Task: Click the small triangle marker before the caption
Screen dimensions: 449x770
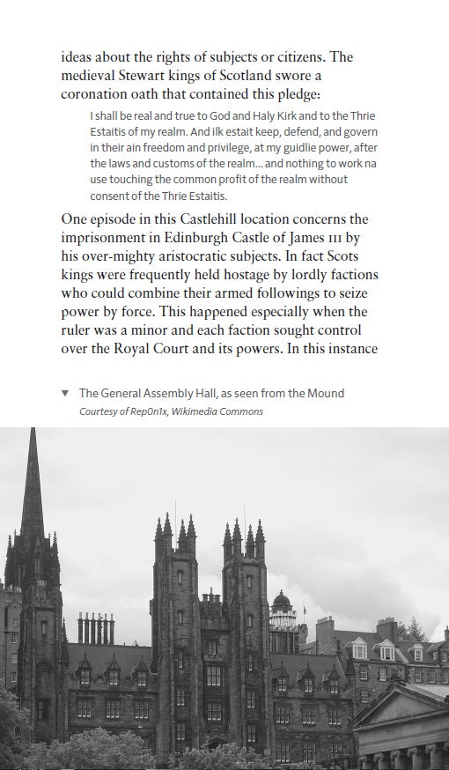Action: point(65,393)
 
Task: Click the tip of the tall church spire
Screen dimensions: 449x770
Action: point(33,431)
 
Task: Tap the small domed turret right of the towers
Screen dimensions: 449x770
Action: point(282,602)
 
